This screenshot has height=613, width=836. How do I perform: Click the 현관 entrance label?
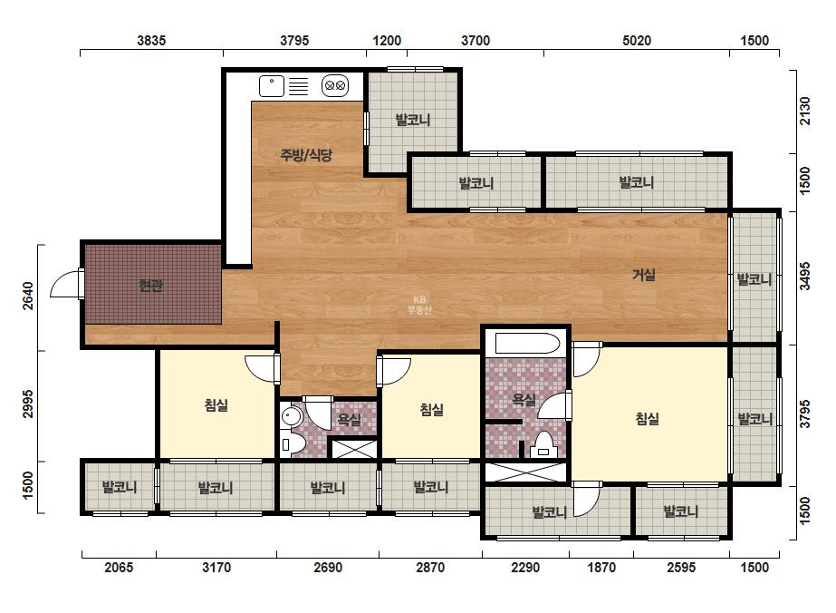151,286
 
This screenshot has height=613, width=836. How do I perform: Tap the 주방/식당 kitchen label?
306,155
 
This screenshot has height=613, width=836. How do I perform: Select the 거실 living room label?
643,275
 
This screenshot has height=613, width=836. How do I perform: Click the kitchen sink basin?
272,86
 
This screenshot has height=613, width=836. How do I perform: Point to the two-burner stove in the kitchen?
335,85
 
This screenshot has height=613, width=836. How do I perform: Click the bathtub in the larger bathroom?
527,344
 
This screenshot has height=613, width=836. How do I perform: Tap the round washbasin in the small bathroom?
291,416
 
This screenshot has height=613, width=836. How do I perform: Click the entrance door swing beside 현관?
65,283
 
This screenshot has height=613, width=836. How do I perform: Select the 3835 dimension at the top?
151,41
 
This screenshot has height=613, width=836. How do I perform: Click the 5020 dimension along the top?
637,41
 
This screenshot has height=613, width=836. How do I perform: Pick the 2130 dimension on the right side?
805,111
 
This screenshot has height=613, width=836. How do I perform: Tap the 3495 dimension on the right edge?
805,276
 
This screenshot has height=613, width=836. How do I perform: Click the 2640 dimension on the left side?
28,296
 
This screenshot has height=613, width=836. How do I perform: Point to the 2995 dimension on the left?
28,404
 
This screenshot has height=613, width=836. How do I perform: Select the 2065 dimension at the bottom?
119,567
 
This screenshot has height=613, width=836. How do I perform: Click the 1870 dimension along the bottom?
601,567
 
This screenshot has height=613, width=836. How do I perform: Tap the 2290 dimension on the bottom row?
525,567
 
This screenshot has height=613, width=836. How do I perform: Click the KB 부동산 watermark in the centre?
419,305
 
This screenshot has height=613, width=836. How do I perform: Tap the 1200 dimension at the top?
387,41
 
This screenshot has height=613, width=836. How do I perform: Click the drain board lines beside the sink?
299,86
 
